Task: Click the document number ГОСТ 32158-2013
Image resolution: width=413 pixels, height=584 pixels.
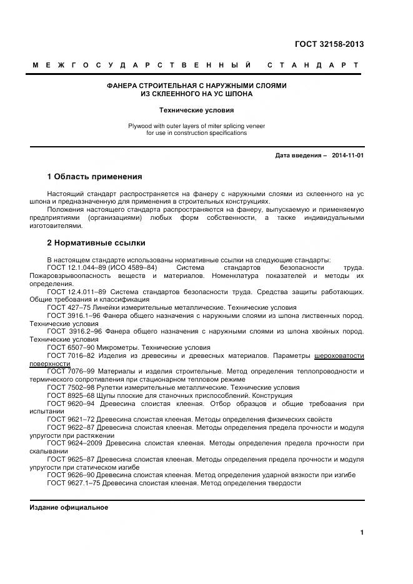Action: pyautogui.click(x=329, y=44)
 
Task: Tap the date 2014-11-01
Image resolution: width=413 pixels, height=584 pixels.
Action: pyautogui.click(x=348, y=156)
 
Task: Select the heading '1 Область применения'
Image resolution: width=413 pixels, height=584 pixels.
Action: pyautogui.click(x=94, y=177)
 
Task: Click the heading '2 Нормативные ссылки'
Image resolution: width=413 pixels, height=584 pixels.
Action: pyautogui.click(x=96, y=243)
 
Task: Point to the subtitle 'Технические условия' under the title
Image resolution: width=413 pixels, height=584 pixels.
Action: pyautogui.click(x=197, y=110)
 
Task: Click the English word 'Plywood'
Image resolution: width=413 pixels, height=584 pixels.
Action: pyautogui.click(x=141, y=126)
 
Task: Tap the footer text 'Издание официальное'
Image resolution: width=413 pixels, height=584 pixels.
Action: pyautogui.click(x=69, y=507)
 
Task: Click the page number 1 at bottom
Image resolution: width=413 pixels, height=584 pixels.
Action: pyautogui.click(x=362, y=532)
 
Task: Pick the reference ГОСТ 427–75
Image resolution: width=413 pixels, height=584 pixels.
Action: pyautogui.click(x=68, y=307)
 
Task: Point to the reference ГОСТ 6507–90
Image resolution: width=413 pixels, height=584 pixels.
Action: pyautogui.click(x=70, y=347)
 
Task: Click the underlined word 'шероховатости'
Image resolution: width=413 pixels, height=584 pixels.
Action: pyautogui.click(x=339, y=355)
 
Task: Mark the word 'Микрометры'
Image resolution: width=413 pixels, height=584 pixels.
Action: pyautogui.click(x=117, y=347)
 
